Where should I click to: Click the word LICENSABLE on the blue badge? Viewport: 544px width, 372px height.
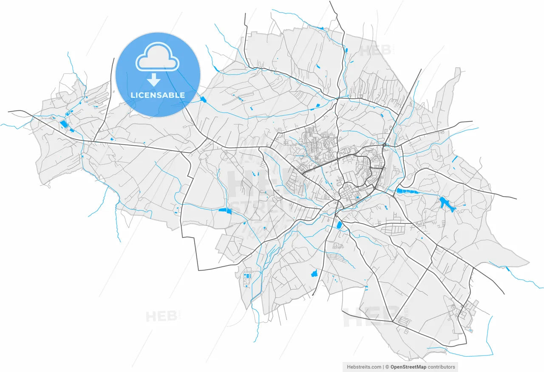point(158,95)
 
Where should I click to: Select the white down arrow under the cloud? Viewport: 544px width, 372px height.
point(153,80)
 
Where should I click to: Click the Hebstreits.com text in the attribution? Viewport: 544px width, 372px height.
point(364,367)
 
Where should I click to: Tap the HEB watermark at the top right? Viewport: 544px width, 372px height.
point(376,50)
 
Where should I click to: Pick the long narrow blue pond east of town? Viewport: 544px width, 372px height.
point(411,192)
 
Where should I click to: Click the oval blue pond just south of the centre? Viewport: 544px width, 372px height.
point(339,225)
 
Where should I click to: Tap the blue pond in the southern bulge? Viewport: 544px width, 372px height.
point(315,273)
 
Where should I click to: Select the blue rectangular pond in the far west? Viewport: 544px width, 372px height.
point(64,124)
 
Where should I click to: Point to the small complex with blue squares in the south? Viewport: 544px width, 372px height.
point(247,278)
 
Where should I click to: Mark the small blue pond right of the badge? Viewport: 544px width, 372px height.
point(203,99)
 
